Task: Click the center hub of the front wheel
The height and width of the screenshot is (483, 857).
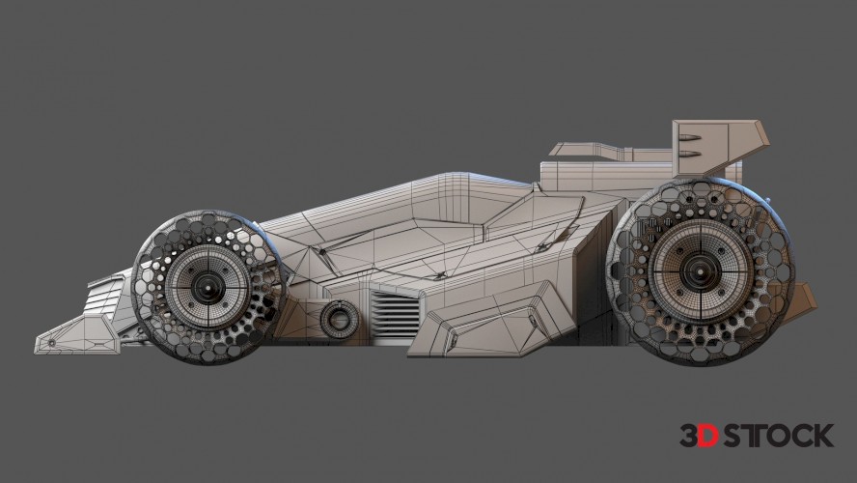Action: (x=208, y=284)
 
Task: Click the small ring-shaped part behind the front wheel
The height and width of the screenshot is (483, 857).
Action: (x=339, y=319)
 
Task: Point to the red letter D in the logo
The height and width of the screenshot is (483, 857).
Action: (x=709, y=436)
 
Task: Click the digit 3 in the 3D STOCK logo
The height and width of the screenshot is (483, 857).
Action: (x=689, y=436)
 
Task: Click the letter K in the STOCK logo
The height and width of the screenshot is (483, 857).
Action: (x=822, y=436)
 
